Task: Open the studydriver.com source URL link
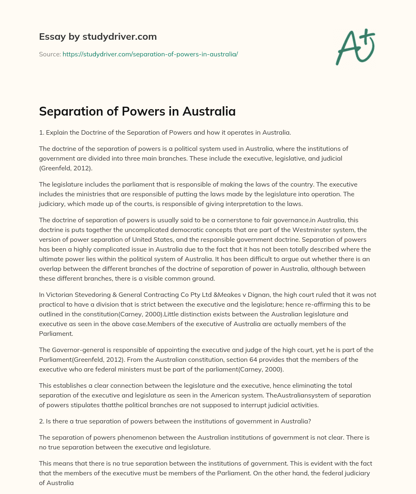[150, 54]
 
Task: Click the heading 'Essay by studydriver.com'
[97, 37]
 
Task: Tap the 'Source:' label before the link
[50, 54]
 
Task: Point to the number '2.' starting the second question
[42, 421]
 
